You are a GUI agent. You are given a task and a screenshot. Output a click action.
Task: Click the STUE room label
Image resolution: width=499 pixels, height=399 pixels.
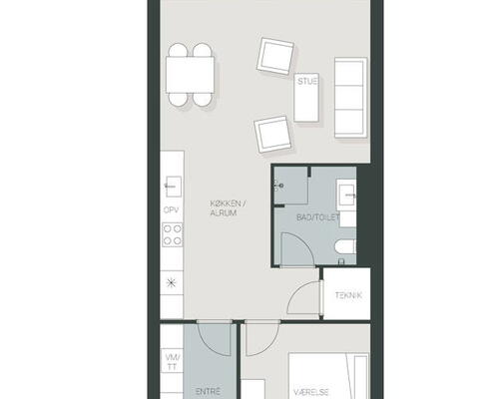tap(308, 81)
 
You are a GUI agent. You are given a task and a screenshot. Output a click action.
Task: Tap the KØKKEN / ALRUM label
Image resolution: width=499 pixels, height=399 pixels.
tap(228, 208)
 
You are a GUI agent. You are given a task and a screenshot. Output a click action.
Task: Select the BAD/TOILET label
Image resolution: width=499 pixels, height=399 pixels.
tap(318, 217)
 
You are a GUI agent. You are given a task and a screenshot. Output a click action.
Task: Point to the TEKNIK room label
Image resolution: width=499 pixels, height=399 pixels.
tap(348, 295)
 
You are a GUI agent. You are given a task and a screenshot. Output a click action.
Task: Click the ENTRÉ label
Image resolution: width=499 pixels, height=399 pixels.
tap(208, 391)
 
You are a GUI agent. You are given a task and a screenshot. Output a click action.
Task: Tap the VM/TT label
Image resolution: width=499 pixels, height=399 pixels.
tap(173, 362)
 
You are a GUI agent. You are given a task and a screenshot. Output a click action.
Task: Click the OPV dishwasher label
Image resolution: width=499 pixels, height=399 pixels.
tap(171, 210)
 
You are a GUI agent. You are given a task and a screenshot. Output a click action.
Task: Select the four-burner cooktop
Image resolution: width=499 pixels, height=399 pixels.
tap(173, 234)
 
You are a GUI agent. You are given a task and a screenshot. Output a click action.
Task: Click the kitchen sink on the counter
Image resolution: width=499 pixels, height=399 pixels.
tap(173, 187)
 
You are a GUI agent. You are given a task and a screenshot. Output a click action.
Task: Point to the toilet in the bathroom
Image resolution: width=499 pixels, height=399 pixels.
tap(345, 247)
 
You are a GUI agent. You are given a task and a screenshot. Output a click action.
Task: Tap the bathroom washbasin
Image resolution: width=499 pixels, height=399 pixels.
tap(346, 195)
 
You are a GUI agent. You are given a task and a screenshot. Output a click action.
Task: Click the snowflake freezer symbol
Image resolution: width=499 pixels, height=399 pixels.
tap(171, 283)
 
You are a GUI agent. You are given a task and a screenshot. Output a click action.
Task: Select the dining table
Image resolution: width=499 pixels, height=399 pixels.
tap(190, 75)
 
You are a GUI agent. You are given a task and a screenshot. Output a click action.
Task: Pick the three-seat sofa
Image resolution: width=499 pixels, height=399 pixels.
tap(351, 98)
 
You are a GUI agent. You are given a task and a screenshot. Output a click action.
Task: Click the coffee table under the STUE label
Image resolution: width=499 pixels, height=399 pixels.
tap(306, 98)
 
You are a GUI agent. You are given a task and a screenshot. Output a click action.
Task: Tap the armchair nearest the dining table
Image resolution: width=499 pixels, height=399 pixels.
tap(275, 56)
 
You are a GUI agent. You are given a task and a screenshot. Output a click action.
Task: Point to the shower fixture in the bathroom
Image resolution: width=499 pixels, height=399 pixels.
tap(278, 186)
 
